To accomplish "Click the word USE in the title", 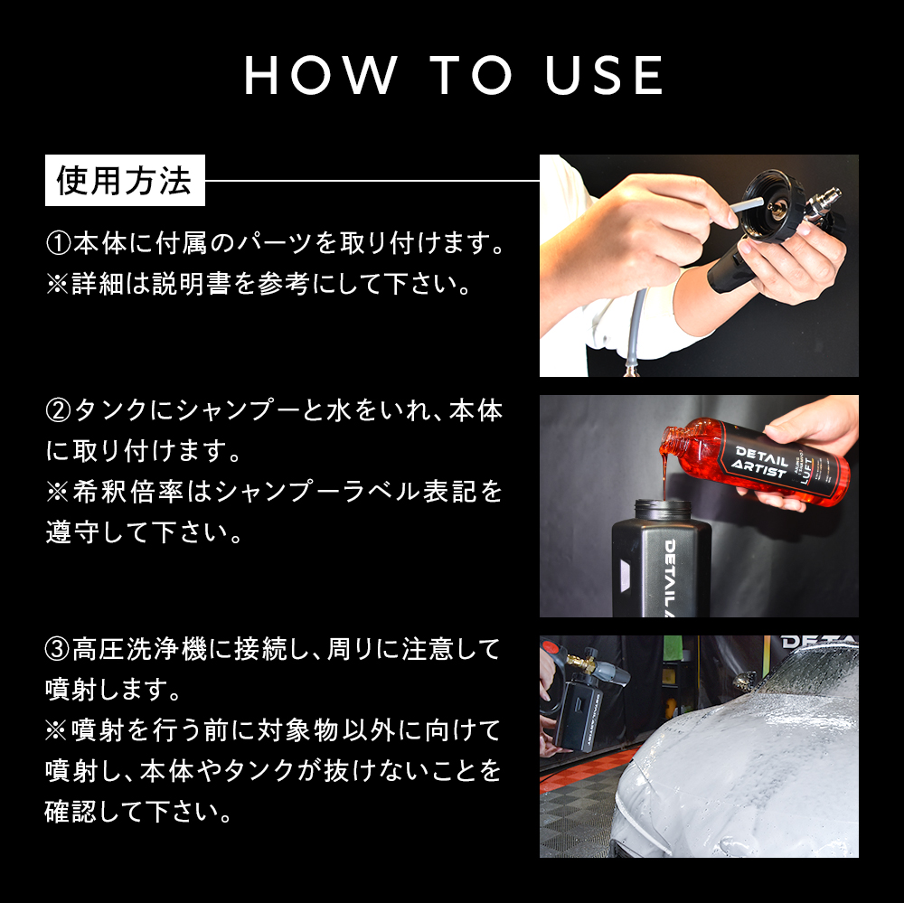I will pyautogui.click(x=605, y=76).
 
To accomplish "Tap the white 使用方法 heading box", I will pyautogui.click(x=125, y=181).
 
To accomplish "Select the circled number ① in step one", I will pyautogui.click(x=58, y=244).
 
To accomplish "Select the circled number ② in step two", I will pyautogui.click(x=58, y=412).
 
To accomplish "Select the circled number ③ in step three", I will pyautogui.click(x=58, y=649).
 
